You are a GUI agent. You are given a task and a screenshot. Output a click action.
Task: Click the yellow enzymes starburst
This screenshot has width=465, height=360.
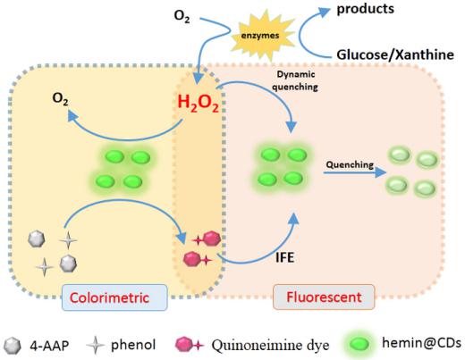tap(260, 35)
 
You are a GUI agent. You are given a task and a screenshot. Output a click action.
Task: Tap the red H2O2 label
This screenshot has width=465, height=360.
tap(198, 104)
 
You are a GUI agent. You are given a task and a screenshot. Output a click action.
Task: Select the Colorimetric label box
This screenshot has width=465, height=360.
tap(114, 297)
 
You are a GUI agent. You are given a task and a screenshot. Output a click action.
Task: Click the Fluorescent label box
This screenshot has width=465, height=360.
tap(324, 297)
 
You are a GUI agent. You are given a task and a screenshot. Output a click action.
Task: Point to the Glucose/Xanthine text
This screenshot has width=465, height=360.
tap(395, 54)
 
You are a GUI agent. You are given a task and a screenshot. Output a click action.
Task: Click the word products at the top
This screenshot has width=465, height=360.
tap(365, 8)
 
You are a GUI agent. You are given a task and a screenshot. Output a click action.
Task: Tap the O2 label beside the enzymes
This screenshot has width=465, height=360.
tap(182, 16)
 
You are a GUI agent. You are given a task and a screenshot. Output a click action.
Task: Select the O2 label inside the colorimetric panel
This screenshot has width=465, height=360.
tap(60, 99)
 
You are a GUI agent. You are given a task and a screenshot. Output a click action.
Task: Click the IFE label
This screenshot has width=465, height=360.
tap(285, 257)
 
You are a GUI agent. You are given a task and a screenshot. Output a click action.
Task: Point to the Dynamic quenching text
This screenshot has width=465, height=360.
tap(295, 80)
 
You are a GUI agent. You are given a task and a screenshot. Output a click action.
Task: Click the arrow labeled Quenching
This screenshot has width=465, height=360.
tap(355, 172)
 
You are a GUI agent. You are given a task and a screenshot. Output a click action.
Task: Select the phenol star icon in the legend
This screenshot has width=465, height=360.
tap(96, 345)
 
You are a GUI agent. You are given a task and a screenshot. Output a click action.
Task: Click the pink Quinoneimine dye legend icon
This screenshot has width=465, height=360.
tap(190, 345)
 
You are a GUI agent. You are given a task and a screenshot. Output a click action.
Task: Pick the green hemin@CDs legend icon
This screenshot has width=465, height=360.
tap(359, 345)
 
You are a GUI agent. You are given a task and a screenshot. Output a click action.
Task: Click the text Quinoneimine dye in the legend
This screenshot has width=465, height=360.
tap(270, 346)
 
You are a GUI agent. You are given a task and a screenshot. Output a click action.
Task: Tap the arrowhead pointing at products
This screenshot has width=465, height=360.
tap(324, 13)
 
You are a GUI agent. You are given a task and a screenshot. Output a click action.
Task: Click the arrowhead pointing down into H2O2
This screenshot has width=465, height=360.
tap(198, 79)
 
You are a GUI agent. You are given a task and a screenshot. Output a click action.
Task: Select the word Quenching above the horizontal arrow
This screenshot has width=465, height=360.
tap(350, 164)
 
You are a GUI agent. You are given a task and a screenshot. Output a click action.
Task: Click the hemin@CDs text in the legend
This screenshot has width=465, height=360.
tap(421, 343)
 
